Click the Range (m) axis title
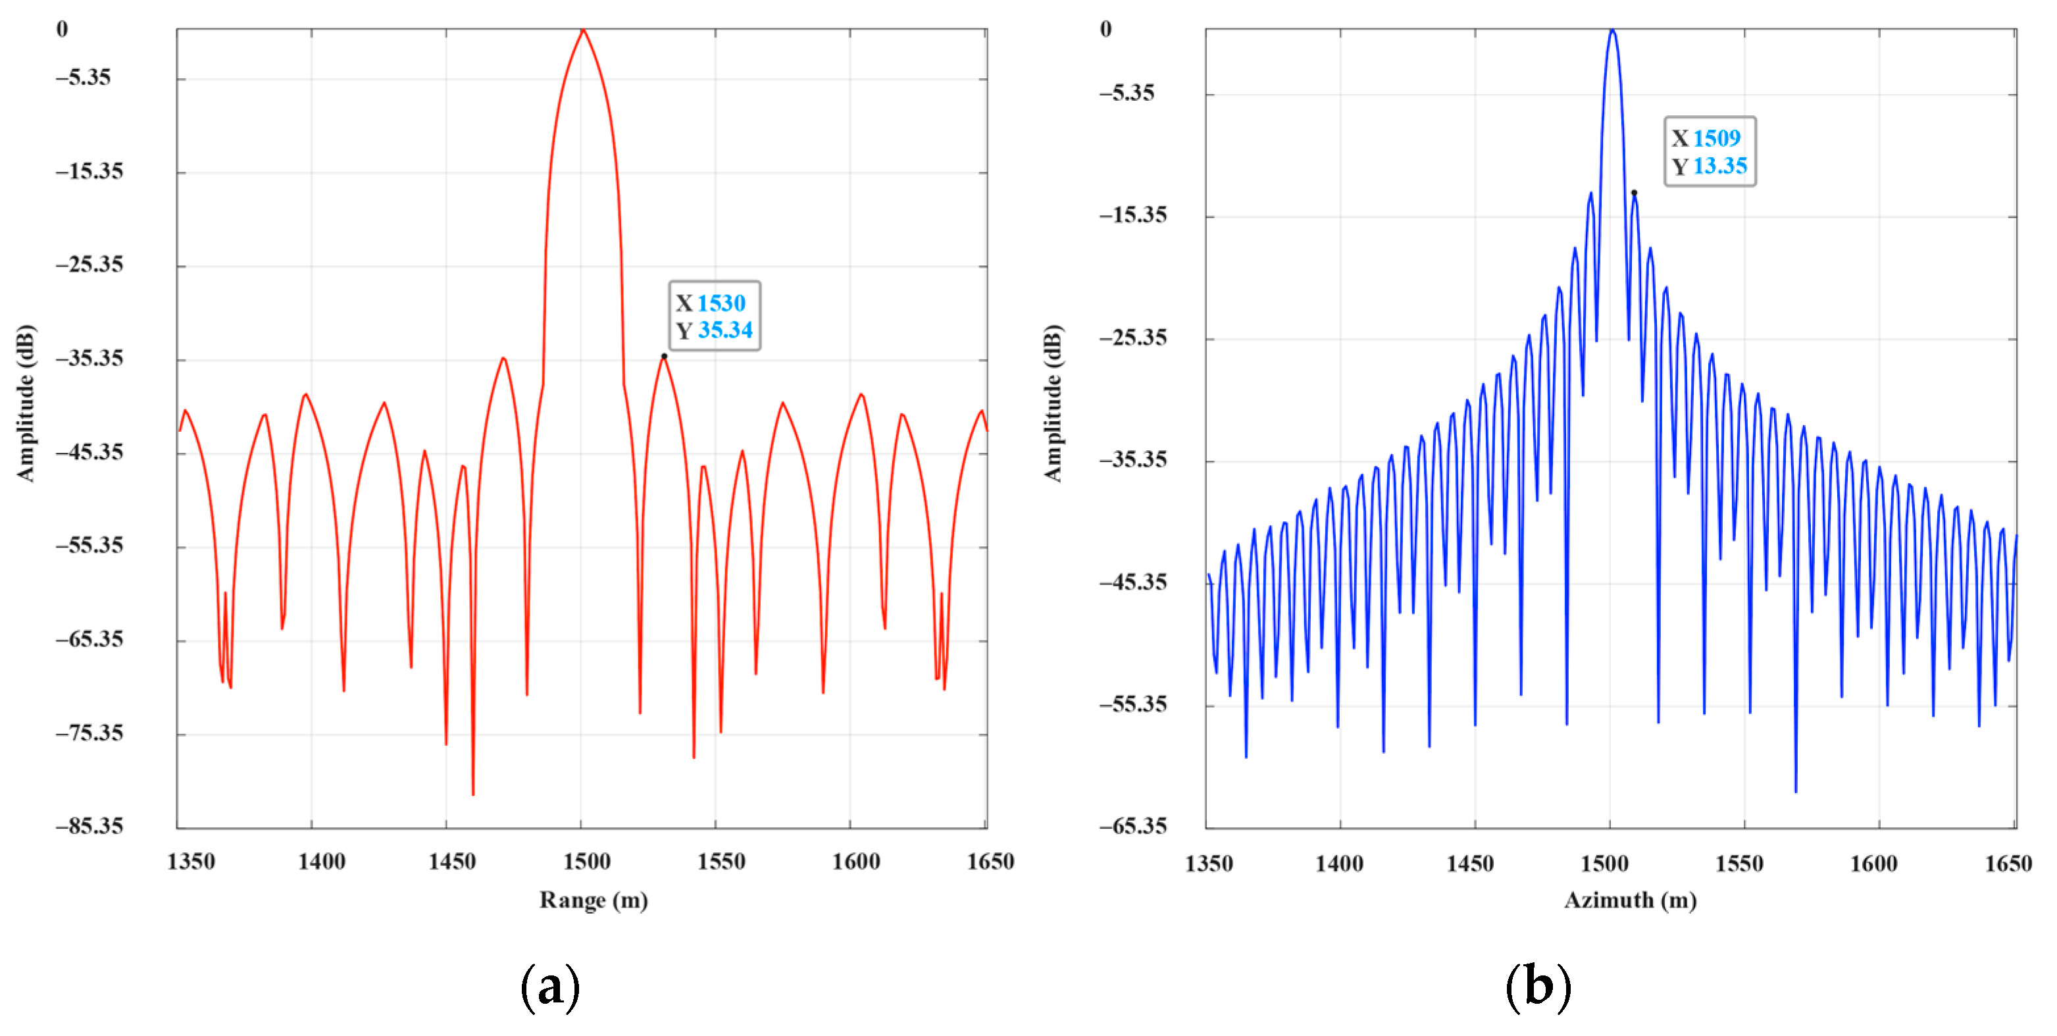pos(594,900)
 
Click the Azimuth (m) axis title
pos(1630,900)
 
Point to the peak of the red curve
pos(583,30)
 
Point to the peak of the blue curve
pos(1612,30)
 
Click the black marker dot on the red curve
pos(663,356)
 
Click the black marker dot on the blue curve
pos(1634,192)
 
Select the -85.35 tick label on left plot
pos(89,825)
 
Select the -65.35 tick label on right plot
pos(1132,825)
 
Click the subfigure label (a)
pos(549,987)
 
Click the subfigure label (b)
pos(1538,987)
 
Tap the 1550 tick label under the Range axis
pos(721,862)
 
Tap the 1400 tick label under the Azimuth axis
pos(1339,864)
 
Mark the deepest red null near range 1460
pos(472,793)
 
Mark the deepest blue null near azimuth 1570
pos(1796,790)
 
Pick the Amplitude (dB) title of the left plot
pos(26,403)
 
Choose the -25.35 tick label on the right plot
pos(1132,337)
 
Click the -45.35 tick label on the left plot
pos(89,452)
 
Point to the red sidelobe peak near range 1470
pos(503,358)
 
